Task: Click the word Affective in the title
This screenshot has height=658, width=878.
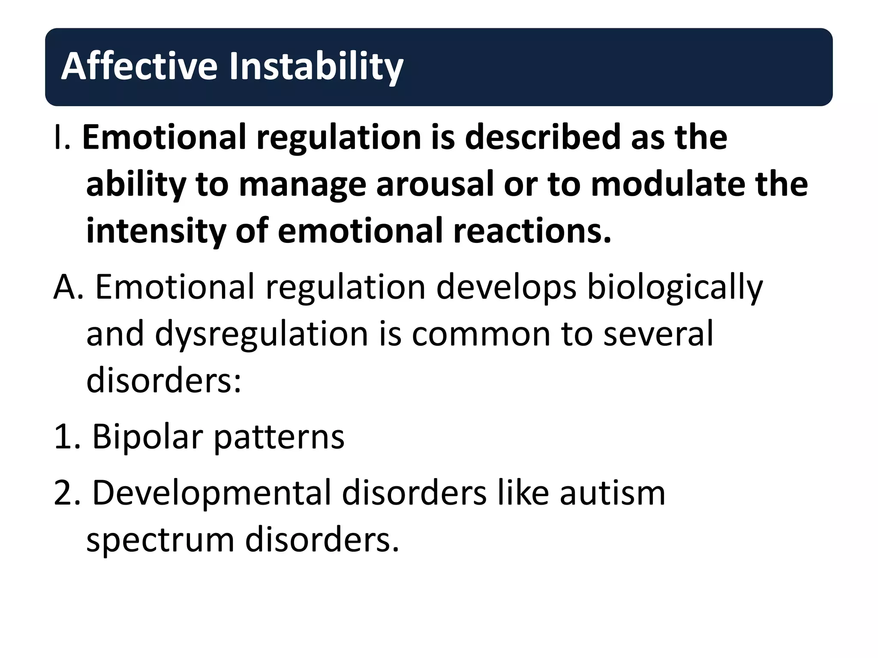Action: point(139,66)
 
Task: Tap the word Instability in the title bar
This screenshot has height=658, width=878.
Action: point(316,66)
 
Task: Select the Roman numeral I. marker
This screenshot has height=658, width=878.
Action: point(62,138)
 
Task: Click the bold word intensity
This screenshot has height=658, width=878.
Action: point(156,231)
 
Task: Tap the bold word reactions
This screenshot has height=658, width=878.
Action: point(532,231)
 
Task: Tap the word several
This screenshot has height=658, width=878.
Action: point(658,334)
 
